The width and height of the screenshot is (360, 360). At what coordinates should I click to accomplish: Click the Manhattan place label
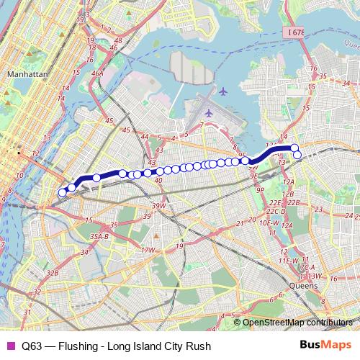point(26,74)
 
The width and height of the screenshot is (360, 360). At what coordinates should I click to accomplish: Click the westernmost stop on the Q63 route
point(62,192)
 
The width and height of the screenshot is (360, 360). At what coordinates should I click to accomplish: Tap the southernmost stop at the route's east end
point(297,155)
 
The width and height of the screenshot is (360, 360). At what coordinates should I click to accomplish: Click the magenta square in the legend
point(9,346)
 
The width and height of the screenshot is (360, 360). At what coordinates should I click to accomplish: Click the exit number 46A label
point(96,73)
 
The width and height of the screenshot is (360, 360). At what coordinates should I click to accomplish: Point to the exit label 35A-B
point(99,235)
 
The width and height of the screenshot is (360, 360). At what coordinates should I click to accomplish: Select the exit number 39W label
point(158,206)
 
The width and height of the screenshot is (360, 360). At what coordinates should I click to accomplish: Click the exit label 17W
point(148,250)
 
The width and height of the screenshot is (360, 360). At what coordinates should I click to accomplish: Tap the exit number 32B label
point(52,273)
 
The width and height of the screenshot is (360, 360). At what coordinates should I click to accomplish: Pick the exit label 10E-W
point(269,223)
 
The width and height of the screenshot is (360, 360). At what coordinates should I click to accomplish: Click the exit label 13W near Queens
point(315,275)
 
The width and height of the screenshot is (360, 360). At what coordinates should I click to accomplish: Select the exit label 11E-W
point(289,260)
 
